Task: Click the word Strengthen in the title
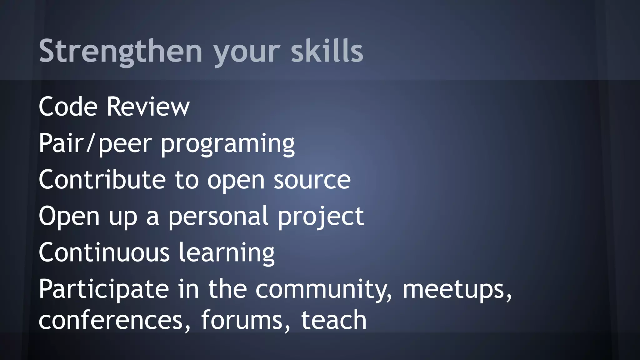coord(121,51)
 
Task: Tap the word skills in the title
coord(327,51)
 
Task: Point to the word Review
coord(148,107)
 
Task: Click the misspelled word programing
coord(227,144)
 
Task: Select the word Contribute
coord(102,180)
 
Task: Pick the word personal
coord(218,217)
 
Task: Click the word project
coord(321,217)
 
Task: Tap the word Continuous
coord(104,252)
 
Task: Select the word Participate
coord(104,290)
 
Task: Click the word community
coord(323,290)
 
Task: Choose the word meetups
coord(456,290)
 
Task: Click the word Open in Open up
coord(69,217)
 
